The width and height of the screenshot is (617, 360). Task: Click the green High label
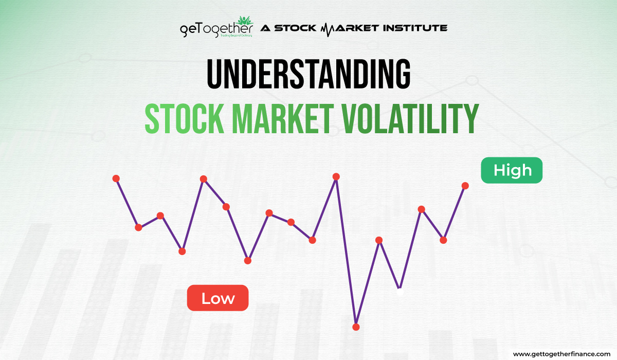(512, 170)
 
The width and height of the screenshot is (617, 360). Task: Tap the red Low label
(217, 298)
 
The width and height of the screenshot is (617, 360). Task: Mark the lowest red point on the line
(356, 327)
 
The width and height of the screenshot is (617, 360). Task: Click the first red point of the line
(116, 178)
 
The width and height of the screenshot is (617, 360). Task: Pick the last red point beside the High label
(465, 186)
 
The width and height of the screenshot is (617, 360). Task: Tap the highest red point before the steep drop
(336, 176)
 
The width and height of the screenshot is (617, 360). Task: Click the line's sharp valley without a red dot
(400, 288)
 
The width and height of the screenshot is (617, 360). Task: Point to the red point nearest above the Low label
(248, 261)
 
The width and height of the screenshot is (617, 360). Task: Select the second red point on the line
(138, 227)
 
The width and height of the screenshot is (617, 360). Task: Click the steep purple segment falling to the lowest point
(346, 252)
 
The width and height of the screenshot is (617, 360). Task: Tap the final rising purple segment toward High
(454, 213)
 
